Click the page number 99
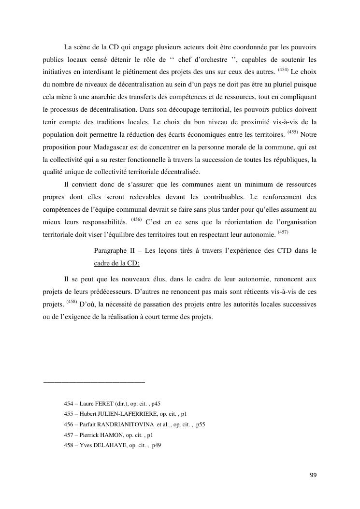point(313,475)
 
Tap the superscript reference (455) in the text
point(293,131)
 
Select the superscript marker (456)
point(136,220)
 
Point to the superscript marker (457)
point(283,232)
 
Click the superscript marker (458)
point(72,302)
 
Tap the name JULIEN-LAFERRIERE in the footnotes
point(127,414)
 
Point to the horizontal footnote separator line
point(94,382)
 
